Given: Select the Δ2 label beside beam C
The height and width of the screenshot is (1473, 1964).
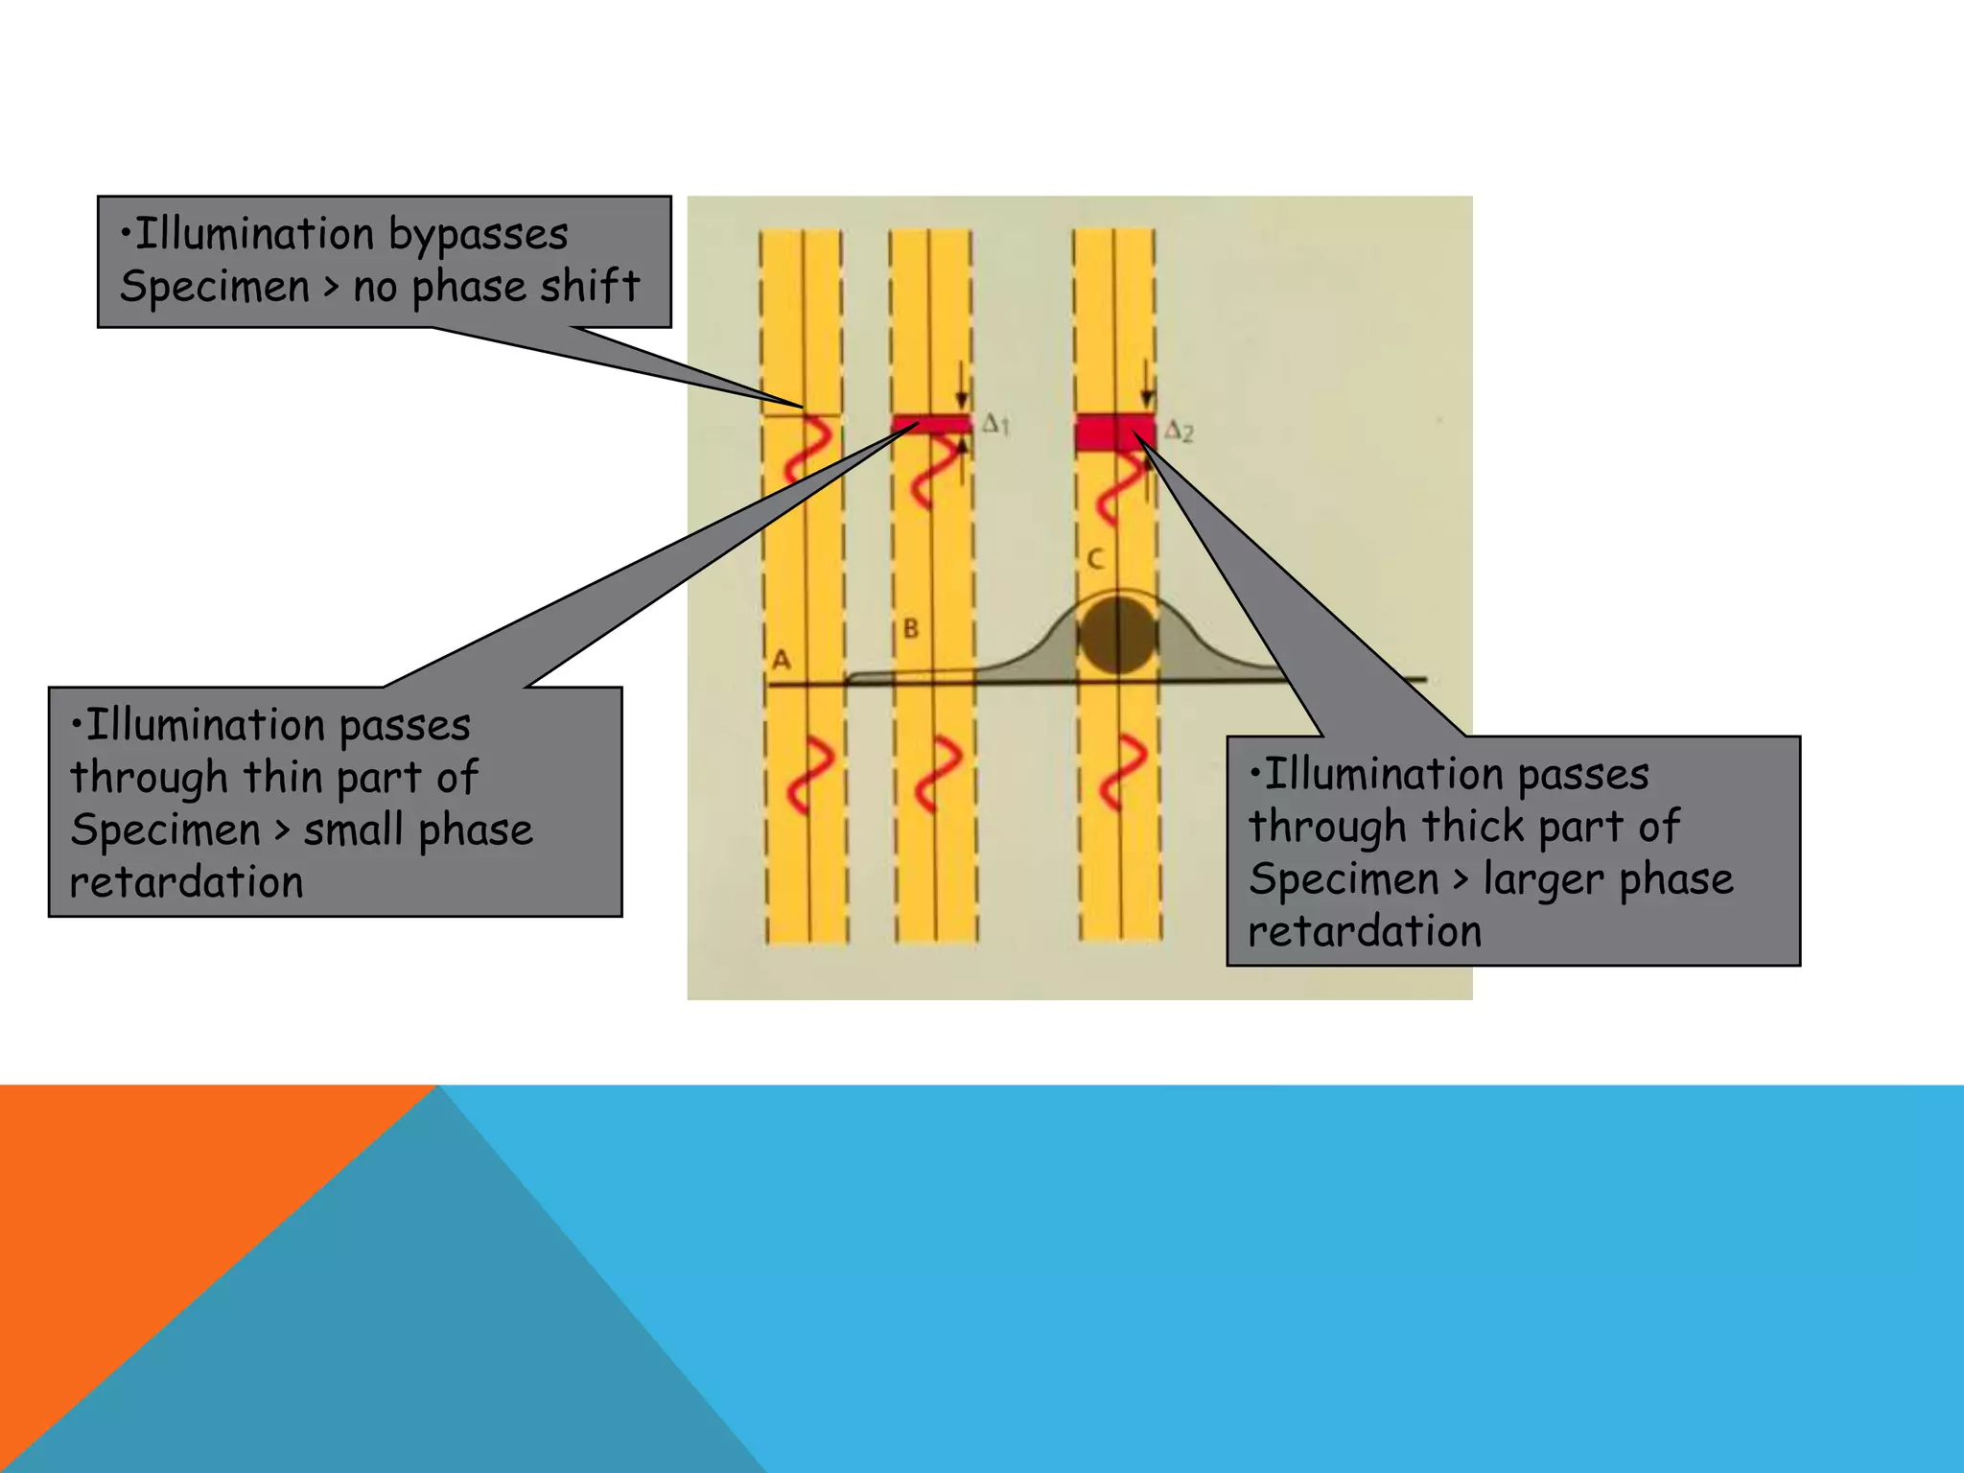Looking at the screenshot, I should (x=1180, y=432).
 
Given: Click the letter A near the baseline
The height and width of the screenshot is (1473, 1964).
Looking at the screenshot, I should (x=782, y=660).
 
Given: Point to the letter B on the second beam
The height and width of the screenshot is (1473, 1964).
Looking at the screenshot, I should (x=911, y=629).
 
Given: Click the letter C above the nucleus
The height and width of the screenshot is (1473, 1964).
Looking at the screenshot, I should (x=1095, y=559).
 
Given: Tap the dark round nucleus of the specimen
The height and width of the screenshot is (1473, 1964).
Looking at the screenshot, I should (x=1117, y=635).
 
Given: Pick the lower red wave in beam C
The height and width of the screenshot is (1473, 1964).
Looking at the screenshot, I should (x=1123, y=773).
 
